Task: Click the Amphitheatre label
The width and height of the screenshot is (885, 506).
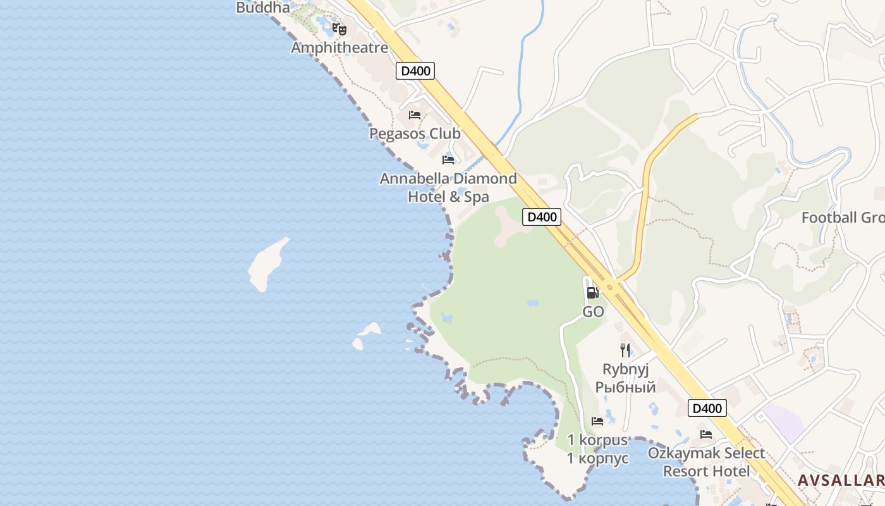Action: [x=339, y=47]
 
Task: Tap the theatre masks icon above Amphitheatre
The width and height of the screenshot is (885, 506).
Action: [x=339, y=29]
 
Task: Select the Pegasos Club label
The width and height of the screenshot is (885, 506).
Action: [x=415, y=133]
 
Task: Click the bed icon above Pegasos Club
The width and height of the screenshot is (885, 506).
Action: [x=415, y=115]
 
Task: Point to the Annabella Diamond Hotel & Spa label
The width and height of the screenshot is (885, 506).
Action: [x=448, y=187]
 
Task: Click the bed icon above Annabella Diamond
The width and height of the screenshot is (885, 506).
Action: [x=448, y=159]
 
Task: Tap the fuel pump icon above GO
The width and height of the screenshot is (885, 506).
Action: [x=592, y=292]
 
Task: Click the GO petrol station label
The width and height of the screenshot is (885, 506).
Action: [x=593, y=312]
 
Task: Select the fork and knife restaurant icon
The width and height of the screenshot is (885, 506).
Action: [x=625, y=350]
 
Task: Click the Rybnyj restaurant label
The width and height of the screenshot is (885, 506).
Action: [x=625, y=378]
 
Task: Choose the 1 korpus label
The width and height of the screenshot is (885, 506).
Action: [x=597, y=449]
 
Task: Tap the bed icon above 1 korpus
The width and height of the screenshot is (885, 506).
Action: [x=597, y=421]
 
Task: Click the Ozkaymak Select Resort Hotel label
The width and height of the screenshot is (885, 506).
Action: [x=706, y=462]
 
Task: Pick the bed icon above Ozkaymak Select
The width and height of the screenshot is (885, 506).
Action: [x=706, y=434]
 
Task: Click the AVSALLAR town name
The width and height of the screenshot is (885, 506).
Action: [x=841, y=481]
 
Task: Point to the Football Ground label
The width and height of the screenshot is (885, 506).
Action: [x=843, y=218]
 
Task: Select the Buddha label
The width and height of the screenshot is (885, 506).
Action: [x=263, y=8]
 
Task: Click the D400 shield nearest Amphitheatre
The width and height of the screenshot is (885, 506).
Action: [x=416, y=71]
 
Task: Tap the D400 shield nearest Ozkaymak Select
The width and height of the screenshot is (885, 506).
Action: [x=707, y=409]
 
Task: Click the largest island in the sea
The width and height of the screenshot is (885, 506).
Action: [x=267, y=264]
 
